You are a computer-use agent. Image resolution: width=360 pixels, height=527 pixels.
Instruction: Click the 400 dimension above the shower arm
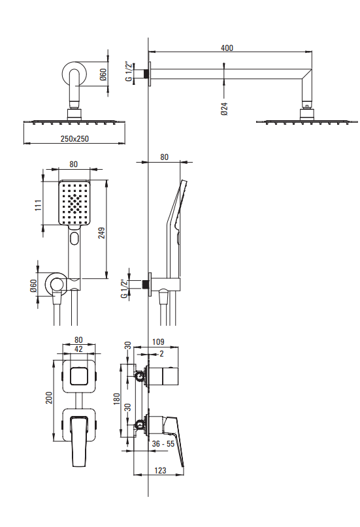(x=227, y=48)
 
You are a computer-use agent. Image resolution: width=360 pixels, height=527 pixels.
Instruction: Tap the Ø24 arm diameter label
(x=225, y=109)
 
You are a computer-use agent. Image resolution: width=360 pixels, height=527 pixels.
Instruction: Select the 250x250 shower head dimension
(x=74, y=138)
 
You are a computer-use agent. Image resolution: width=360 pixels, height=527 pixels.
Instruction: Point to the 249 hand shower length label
(x=101, y=233)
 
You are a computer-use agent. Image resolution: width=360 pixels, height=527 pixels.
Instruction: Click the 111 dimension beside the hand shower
(x=39, y=205)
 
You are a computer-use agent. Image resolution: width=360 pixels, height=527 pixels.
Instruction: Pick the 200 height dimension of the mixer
(x=49, y=398)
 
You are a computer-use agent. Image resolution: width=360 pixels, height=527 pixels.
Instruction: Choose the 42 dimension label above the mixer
(x=78, y=349)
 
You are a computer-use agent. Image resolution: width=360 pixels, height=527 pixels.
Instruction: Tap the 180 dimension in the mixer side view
(x=117, y=399)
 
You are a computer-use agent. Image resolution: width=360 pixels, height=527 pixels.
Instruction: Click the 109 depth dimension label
(x=158, y=342)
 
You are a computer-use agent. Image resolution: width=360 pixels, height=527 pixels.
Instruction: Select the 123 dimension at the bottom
(x=160, y=471)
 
